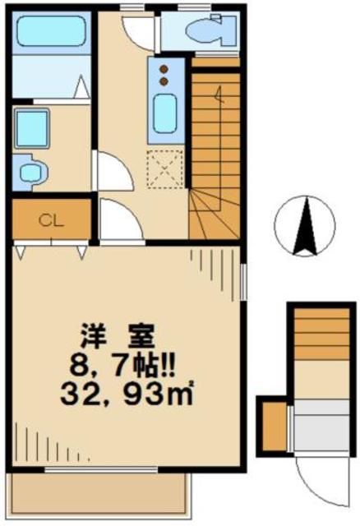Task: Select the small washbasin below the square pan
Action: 34,171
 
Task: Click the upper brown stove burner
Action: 164,67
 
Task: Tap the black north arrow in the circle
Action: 306,228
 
